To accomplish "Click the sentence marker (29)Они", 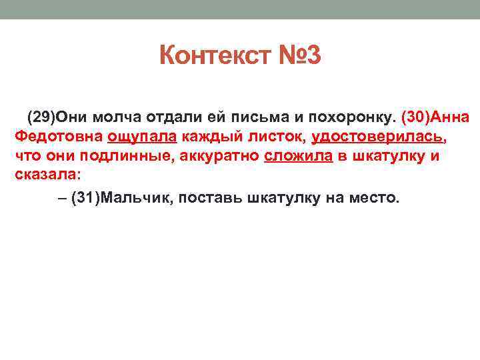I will tap(52, 118).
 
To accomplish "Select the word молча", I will tap(109, 118).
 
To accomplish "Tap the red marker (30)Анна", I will tap(435, 118).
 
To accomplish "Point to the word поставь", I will tap(211, 198).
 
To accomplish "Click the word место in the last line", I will tap(373, 198).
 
